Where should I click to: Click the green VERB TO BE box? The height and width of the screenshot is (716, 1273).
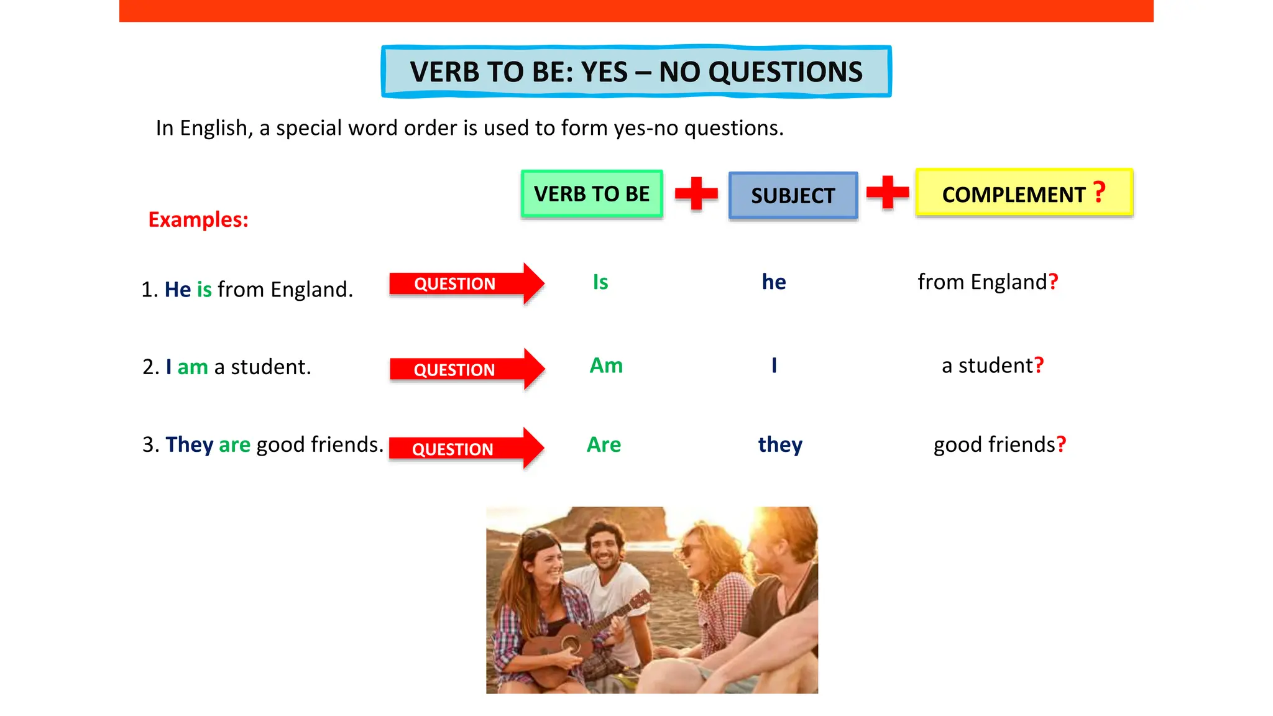click(592, 194)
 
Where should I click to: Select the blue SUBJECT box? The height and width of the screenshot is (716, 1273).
click(793, 196)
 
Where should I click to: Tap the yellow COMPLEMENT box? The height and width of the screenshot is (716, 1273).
click(1024, 193)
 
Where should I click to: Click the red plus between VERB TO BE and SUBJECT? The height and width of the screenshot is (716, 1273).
click(696, 194)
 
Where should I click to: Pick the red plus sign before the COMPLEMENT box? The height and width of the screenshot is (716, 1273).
click(887, 193)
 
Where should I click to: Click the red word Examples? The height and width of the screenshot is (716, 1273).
click(198, 220)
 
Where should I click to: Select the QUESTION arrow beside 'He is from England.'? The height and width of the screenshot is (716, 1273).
click(466, 284)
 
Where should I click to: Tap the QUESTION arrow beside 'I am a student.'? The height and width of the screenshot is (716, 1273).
click(466, 370)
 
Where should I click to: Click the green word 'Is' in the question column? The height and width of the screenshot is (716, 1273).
click(600, 282)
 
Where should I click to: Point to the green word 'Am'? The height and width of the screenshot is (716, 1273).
click(606, 365)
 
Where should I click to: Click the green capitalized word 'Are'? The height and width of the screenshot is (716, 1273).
click(604, 445)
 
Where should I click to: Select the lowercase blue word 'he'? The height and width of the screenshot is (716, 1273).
click(774, 282)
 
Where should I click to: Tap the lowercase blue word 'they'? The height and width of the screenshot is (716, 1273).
click(780, 445)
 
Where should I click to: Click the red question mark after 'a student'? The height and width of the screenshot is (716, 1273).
click(1039, 365)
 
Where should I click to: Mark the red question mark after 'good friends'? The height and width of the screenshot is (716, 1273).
click(1061, 444)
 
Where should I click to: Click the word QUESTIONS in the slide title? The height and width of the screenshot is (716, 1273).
click(786, 72)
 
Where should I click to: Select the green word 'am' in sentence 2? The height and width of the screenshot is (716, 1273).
click(193, 367)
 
